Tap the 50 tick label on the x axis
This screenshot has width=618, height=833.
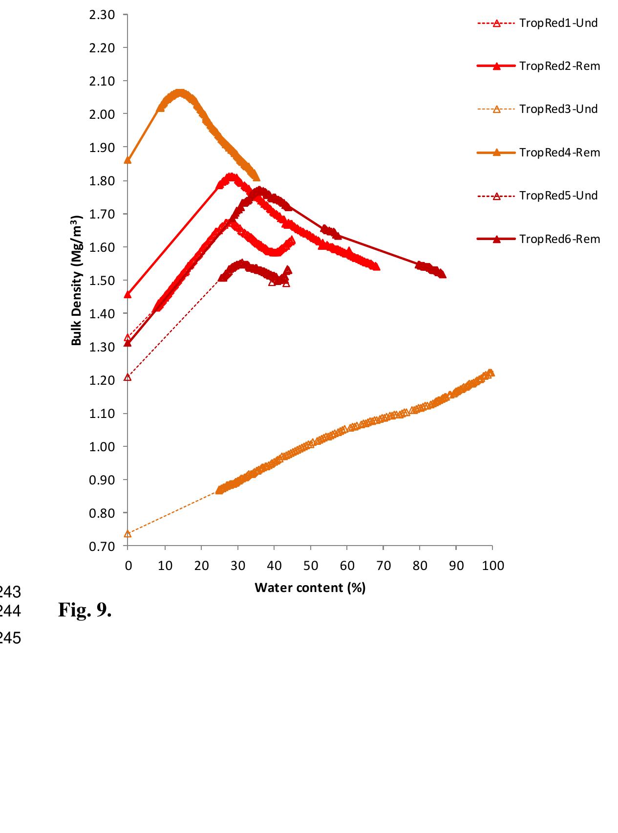point(310,566)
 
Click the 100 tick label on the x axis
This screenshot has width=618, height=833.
point(492,566)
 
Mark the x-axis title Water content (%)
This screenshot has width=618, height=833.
point(310,588)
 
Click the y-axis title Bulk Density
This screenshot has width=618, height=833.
point(76,280)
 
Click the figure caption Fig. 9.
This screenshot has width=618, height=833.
point(85,610)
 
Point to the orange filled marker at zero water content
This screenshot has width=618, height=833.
point(128,160)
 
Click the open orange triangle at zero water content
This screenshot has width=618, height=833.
point(128,533)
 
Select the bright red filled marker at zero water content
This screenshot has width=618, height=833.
point(128,294)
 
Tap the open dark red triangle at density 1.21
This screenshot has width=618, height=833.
point(128,377)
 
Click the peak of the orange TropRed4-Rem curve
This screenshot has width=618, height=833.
point(180,92)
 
